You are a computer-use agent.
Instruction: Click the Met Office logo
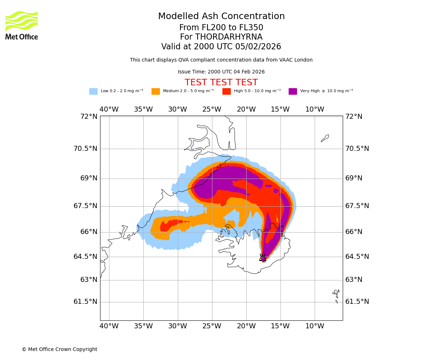22,25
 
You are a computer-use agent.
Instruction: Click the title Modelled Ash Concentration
221,17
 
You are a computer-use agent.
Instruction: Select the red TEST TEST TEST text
221,83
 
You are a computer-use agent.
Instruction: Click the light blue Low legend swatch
93,91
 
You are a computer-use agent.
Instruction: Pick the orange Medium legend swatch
156,91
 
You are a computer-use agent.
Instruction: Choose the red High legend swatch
226,91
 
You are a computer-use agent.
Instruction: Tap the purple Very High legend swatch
293,91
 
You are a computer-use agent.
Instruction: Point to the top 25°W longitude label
212,109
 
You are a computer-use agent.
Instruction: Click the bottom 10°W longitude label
315,326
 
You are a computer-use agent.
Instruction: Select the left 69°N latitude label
86,178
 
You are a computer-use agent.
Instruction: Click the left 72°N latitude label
89,117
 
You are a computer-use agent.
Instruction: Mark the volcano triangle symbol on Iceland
263,258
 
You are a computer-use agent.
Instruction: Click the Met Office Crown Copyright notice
59,350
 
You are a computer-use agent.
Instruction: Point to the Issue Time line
221,72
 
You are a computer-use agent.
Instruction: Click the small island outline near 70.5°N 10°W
325,138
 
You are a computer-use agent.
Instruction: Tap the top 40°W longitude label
109,109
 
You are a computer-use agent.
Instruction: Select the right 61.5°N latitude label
357,302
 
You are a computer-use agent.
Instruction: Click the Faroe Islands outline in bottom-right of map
336,295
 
